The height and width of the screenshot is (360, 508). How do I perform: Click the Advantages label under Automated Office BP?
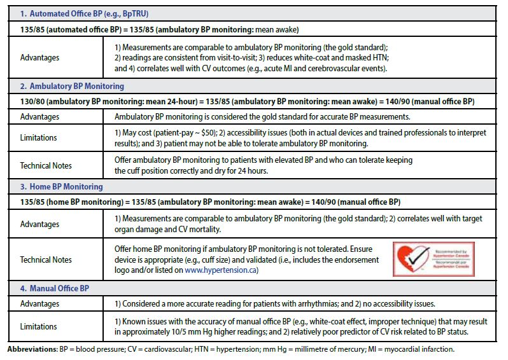39,57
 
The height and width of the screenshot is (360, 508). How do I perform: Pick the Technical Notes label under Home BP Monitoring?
46,260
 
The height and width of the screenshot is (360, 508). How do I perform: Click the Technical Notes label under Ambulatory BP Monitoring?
46,165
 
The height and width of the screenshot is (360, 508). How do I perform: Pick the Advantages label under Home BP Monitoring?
39,224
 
